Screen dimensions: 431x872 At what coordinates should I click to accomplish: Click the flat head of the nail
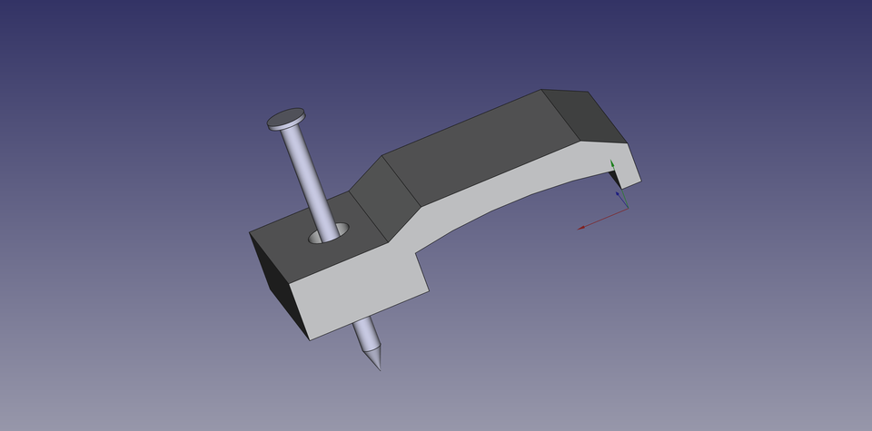click(285, 118)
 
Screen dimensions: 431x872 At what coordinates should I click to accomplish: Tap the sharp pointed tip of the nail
click(378, 367)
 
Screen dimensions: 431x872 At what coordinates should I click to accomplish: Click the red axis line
click(601, 219)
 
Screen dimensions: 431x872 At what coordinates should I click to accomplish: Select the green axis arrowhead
click(612, 164)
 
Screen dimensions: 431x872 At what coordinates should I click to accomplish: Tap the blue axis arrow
click(619, 193)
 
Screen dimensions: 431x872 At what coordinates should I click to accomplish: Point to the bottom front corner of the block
click(312, 340)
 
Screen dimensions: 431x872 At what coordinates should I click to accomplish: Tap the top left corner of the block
click(250, 234)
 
